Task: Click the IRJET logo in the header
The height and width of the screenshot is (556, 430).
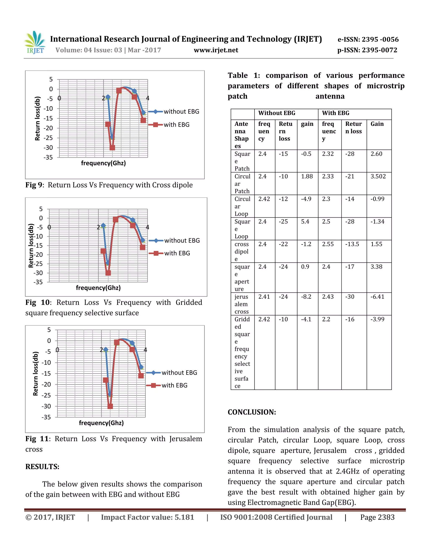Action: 35,43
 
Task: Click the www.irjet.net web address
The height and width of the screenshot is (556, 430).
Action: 216,50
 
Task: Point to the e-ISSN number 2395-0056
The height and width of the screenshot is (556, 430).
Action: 368,39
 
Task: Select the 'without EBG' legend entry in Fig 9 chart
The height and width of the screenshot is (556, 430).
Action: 181,111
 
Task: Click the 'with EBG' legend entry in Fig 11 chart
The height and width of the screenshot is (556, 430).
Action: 174,385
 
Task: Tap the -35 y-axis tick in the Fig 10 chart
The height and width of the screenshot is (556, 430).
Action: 38,282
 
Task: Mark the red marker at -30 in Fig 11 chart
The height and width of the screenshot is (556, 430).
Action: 110,406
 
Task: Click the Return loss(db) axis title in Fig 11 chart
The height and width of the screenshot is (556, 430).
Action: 35,373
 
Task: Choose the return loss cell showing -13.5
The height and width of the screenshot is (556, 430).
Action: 352,244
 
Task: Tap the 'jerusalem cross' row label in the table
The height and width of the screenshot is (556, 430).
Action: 241,304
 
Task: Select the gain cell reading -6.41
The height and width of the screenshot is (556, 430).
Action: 377,297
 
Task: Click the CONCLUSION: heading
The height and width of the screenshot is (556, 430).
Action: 252,412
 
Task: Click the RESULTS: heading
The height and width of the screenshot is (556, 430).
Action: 42,467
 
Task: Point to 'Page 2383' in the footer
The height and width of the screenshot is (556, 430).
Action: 377,517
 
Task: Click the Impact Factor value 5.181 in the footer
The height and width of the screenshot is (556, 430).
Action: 147,517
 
